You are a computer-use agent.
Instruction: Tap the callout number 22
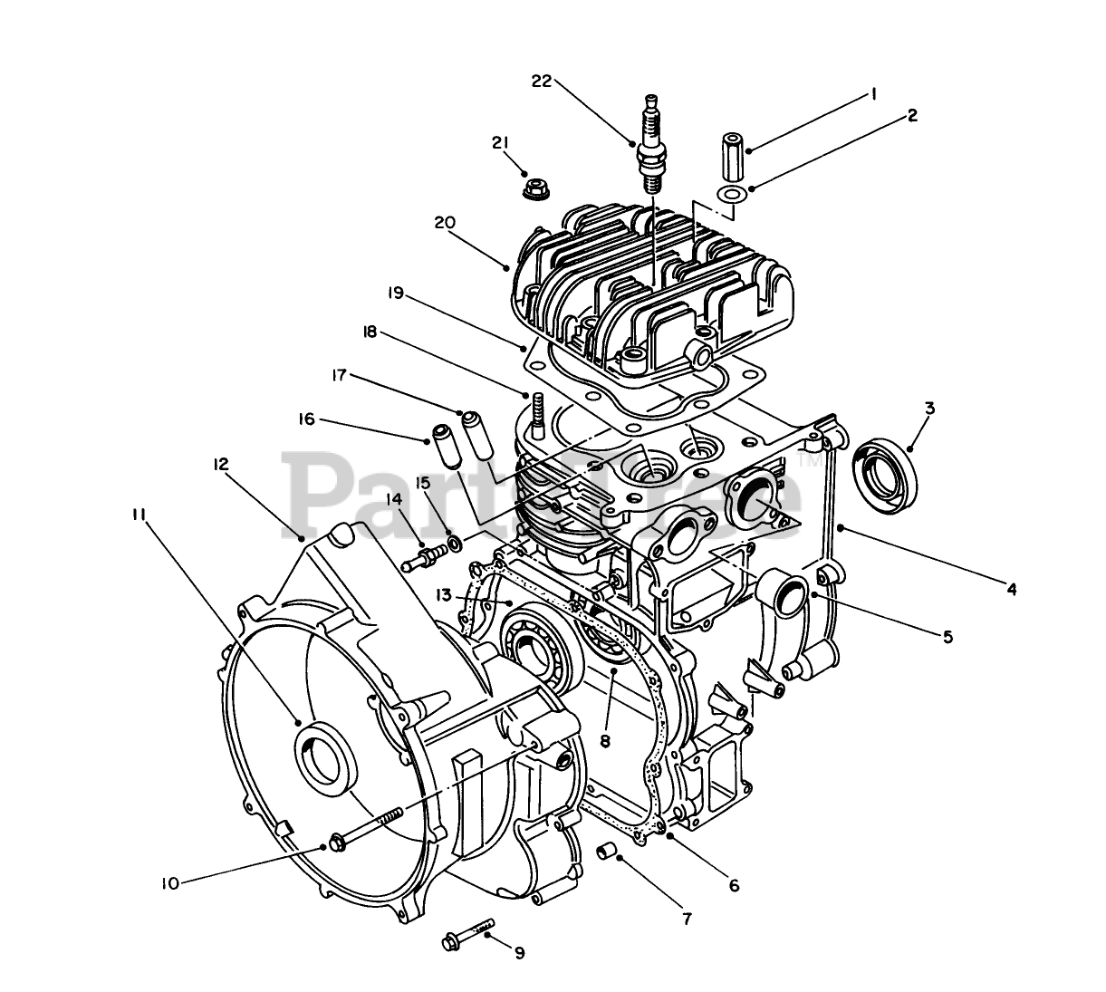coord(542,81)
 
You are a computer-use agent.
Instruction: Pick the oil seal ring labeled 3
coord(885,468)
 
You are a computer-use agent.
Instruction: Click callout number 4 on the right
coord(1011,589)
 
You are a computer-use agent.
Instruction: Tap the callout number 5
coord(947,636)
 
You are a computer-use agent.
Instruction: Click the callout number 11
coord(138,514)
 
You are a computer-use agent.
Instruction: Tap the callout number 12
coord(220,464)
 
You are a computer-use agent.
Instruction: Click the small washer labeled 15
coord(454,544)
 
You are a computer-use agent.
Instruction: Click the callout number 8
coord(606,739)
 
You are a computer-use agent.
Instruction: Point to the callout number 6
coord(734,885)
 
